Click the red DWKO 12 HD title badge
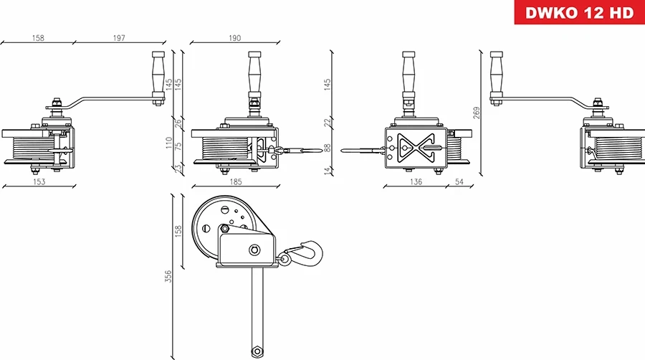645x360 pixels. point(579,13)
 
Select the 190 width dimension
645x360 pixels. point(234,38)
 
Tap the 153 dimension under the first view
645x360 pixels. point(39,182)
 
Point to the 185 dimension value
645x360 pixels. point(234,182)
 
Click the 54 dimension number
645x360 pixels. point(459,182)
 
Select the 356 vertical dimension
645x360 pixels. point(168,276)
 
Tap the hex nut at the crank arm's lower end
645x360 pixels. point(256,351)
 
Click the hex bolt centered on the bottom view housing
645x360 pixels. point(254,250)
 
